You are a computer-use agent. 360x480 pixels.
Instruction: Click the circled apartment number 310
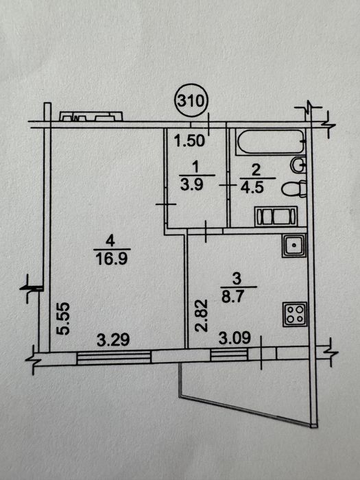191,100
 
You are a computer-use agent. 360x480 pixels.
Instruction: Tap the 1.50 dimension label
189,141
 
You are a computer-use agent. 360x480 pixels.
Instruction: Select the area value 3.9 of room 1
192,184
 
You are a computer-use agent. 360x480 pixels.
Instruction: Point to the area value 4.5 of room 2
252,187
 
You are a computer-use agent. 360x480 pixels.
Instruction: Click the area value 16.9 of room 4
111,259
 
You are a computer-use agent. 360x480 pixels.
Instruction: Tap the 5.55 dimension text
64,318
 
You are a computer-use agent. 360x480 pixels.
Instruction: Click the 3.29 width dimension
113,340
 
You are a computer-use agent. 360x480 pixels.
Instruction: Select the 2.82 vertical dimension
202,315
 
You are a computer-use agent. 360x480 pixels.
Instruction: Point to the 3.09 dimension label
235,337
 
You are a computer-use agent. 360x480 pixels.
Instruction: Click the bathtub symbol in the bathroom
269,142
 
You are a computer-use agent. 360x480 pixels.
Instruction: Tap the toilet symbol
294,189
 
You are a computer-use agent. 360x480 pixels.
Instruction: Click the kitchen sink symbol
294,245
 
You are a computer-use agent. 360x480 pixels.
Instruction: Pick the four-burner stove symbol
294,314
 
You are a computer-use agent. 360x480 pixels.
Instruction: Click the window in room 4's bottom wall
114,357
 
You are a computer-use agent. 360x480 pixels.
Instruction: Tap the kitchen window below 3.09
229,355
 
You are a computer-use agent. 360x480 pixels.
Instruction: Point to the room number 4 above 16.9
110,241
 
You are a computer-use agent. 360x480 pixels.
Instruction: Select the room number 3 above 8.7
237,279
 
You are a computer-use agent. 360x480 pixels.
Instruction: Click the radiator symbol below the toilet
276,217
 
